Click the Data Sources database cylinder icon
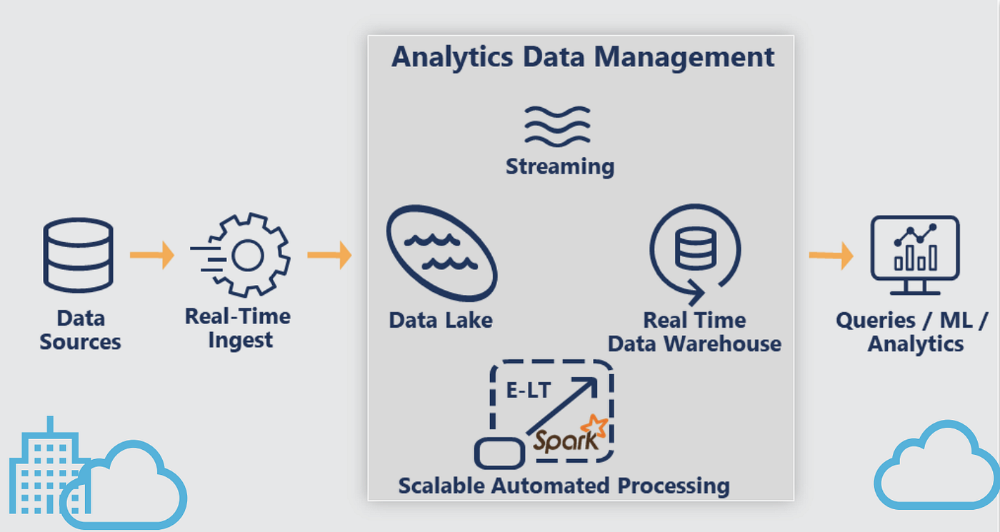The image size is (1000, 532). coord(78,255)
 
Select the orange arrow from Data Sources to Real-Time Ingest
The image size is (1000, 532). coord(152,255)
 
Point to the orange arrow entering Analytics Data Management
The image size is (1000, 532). coord(329,255)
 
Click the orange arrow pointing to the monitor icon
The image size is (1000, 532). coord(831,256)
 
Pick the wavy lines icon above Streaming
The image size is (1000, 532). coord(558,126)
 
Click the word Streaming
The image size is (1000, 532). coord(560,167)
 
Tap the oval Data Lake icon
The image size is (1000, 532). coord(442,253)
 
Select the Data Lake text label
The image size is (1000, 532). coord(441,321)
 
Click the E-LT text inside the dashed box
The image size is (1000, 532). coord(529,390)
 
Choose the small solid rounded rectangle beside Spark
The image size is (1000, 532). coord(499,453)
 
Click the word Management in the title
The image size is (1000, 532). coord(684,58)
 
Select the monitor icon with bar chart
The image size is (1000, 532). coord(915,256)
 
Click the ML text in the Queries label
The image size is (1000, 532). coord(956,321)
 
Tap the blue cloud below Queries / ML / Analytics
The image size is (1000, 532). coord(936,466)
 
